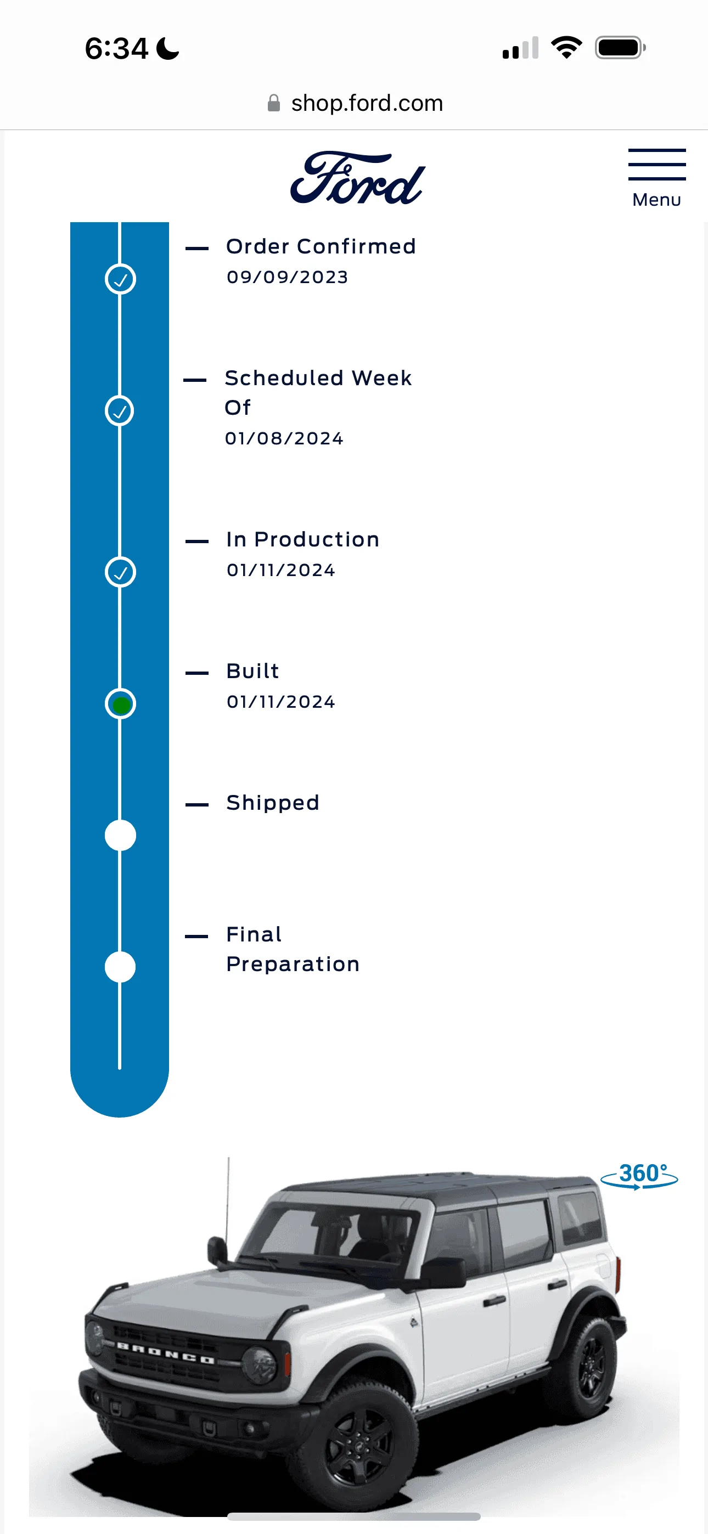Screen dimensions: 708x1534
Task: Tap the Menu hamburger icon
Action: tap(657, 165)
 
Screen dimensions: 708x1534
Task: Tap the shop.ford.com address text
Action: tap(367, 103)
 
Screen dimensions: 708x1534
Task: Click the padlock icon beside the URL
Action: tap(273, 103)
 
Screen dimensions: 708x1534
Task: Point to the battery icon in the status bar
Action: tap(620, 48)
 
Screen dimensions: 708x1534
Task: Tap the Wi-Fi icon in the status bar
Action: tap(566, 48)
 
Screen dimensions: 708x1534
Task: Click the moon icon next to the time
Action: tap(167, 49)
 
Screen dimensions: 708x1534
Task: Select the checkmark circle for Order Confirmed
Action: tap(120, 279)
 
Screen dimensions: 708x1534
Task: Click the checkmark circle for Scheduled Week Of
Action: tap(120, 410)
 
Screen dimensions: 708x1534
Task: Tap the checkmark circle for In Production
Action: tap(120, 572)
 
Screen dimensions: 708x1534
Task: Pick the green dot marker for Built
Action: tap(121, 704)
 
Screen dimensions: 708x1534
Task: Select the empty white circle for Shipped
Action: tap(120, 835)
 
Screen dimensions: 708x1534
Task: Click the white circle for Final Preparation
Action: tap(120, 967)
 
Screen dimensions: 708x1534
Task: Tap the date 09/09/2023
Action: tap(287, 277)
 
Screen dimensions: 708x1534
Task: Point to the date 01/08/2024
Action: tap(284, 438)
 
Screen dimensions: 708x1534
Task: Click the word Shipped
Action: tap(273, 803)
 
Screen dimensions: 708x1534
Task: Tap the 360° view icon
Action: tap(639, 1176)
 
